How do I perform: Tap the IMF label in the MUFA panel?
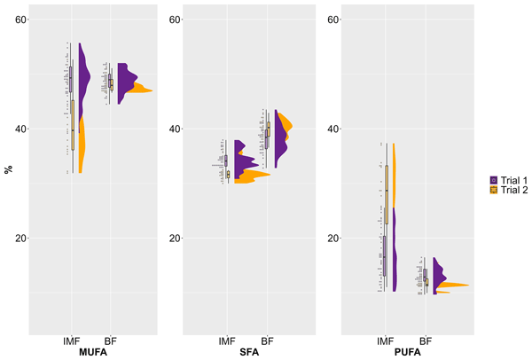tap(73, 340)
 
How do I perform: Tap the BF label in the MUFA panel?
tap(111, 340)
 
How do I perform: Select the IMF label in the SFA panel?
tap(228, 340)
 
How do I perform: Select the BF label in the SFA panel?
tap(267, 340)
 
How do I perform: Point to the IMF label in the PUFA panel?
tap(385, 340)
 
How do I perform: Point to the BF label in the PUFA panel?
tap(425, 340)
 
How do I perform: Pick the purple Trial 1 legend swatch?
tap(494, 179)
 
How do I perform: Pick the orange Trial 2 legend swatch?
tap(494, 190)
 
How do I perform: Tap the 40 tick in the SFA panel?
tap(176, 129)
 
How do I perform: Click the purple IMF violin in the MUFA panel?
tap(83, 80)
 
